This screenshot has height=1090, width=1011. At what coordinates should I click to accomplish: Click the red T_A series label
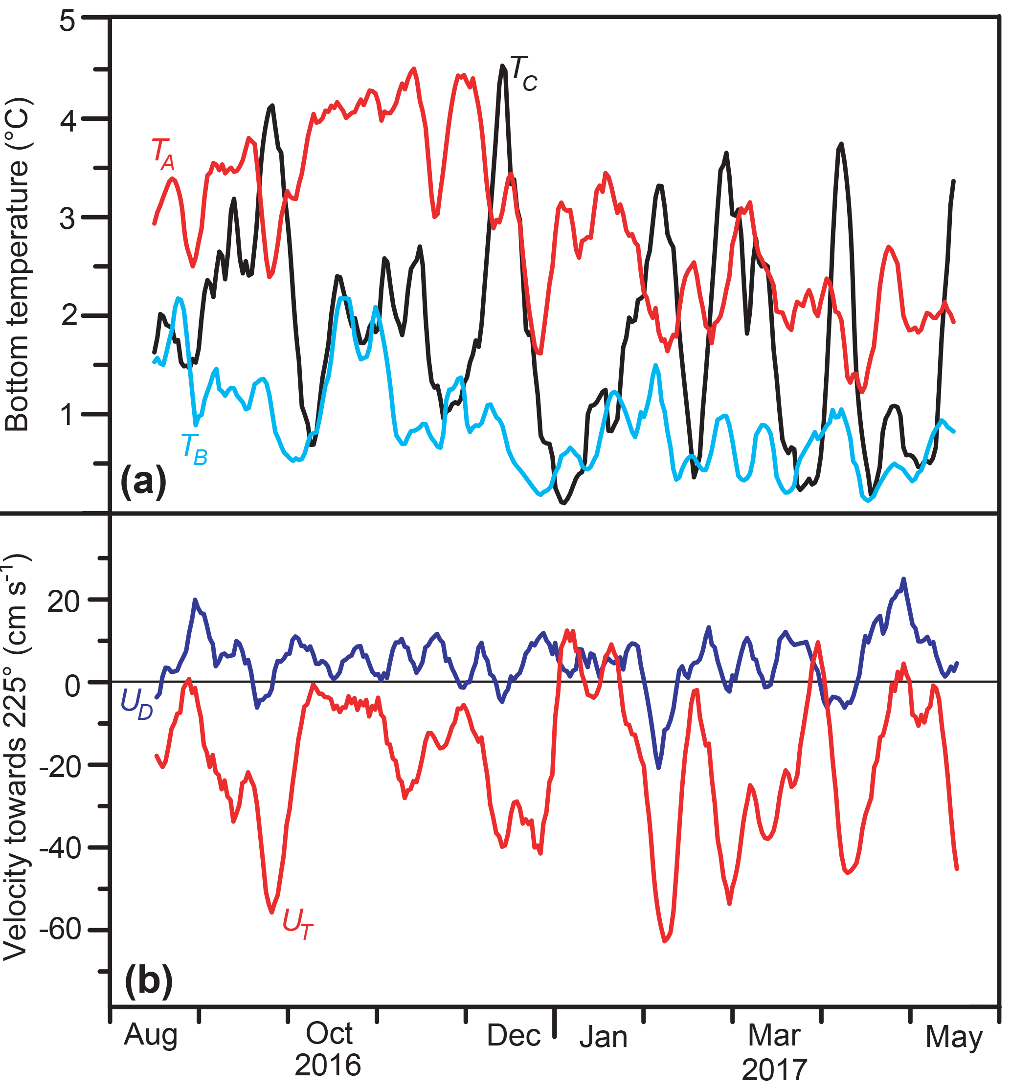coord(163,154)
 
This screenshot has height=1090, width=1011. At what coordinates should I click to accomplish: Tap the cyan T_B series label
coord(194,449)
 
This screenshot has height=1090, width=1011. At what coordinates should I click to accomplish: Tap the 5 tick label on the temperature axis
coord(67,22)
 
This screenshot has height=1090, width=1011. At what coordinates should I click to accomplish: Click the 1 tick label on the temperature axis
coord(67,414)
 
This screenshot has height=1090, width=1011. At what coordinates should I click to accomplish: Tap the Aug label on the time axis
coord(151,1034)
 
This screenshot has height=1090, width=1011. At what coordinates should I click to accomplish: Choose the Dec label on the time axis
coord(513,1034)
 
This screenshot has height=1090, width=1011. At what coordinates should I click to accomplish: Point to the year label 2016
coord(328,1064)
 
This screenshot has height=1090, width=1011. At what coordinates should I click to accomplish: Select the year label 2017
coord(774,1069)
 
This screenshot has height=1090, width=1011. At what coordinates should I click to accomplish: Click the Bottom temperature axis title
coord(18,265)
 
